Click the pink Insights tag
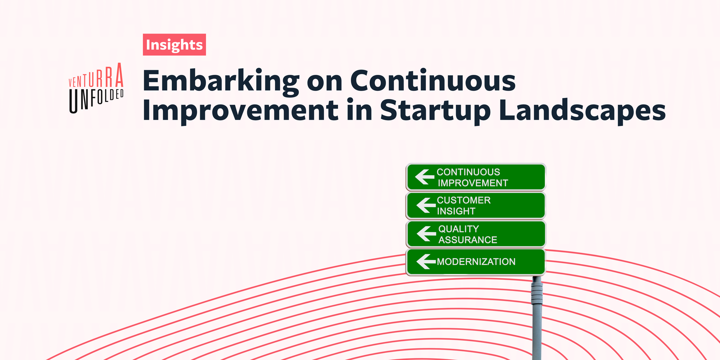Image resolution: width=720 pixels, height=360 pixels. click(x=174, y=45)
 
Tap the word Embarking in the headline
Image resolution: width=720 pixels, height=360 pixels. click(x=221, y=81)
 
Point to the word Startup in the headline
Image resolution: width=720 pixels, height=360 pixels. click(x=435, y=111)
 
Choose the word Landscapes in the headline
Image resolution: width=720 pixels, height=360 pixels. click(x=582, y=111)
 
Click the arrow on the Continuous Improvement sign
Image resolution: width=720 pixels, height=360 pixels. click(x=424, y=177)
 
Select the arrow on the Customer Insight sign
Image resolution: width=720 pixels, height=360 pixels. click(x=426, y=205)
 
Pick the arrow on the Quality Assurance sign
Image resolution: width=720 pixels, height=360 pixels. click(x=426, y=234)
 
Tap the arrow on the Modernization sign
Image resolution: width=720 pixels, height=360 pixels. click(x=426, y=261)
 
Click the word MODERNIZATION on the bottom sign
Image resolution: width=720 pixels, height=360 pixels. click(x=476, y=262)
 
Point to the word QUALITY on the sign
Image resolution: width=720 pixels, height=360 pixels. click(x=459, y=229)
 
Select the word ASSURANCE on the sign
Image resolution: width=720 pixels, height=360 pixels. click(x=468, y=240)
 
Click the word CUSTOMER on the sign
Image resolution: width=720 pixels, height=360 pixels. click(x=464, y=200)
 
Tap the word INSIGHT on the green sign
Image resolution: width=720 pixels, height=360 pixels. click(x=456, y=211)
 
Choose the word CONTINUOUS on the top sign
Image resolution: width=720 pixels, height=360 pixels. click(x=468, y=172)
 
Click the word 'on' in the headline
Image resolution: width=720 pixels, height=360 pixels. click(x=324, y=81)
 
